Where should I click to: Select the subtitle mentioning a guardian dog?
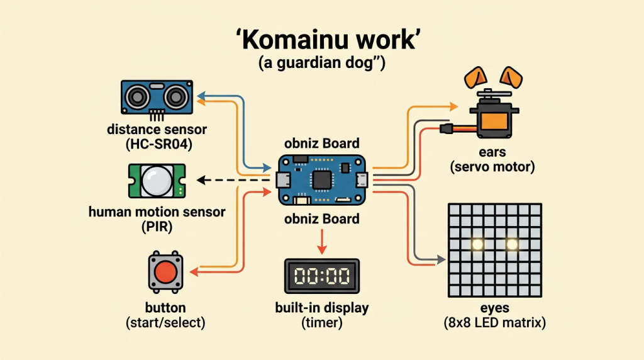[322, 64]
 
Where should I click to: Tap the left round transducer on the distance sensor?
[137, 98]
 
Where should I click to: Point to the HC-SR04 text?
[159, 145]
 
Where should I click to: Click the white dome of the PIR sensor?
[157, 181]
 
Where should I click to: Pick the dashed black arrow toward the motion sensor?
[233, 180]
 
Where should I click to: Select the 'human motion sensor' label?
[157, 212]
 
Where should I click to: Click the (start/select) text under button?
[165, 323]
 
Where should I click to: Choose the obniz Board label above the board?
[322, 143]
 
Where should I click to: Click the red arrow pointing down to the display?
[322, 242]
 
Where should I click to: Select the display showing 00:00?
[322, 276]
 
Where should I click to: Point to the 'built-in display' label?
[322, 308]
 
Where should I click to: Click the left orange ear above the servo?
[475, 77]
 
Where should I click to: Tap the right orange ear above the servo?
[511, 77]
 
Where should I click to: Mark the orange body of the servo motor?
[494, 121]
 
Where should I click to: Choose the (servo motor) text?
[492, 167]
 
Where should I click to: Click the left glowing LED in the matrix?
[477, 245]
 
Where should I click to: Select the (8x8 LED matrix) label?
[495, 323]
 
